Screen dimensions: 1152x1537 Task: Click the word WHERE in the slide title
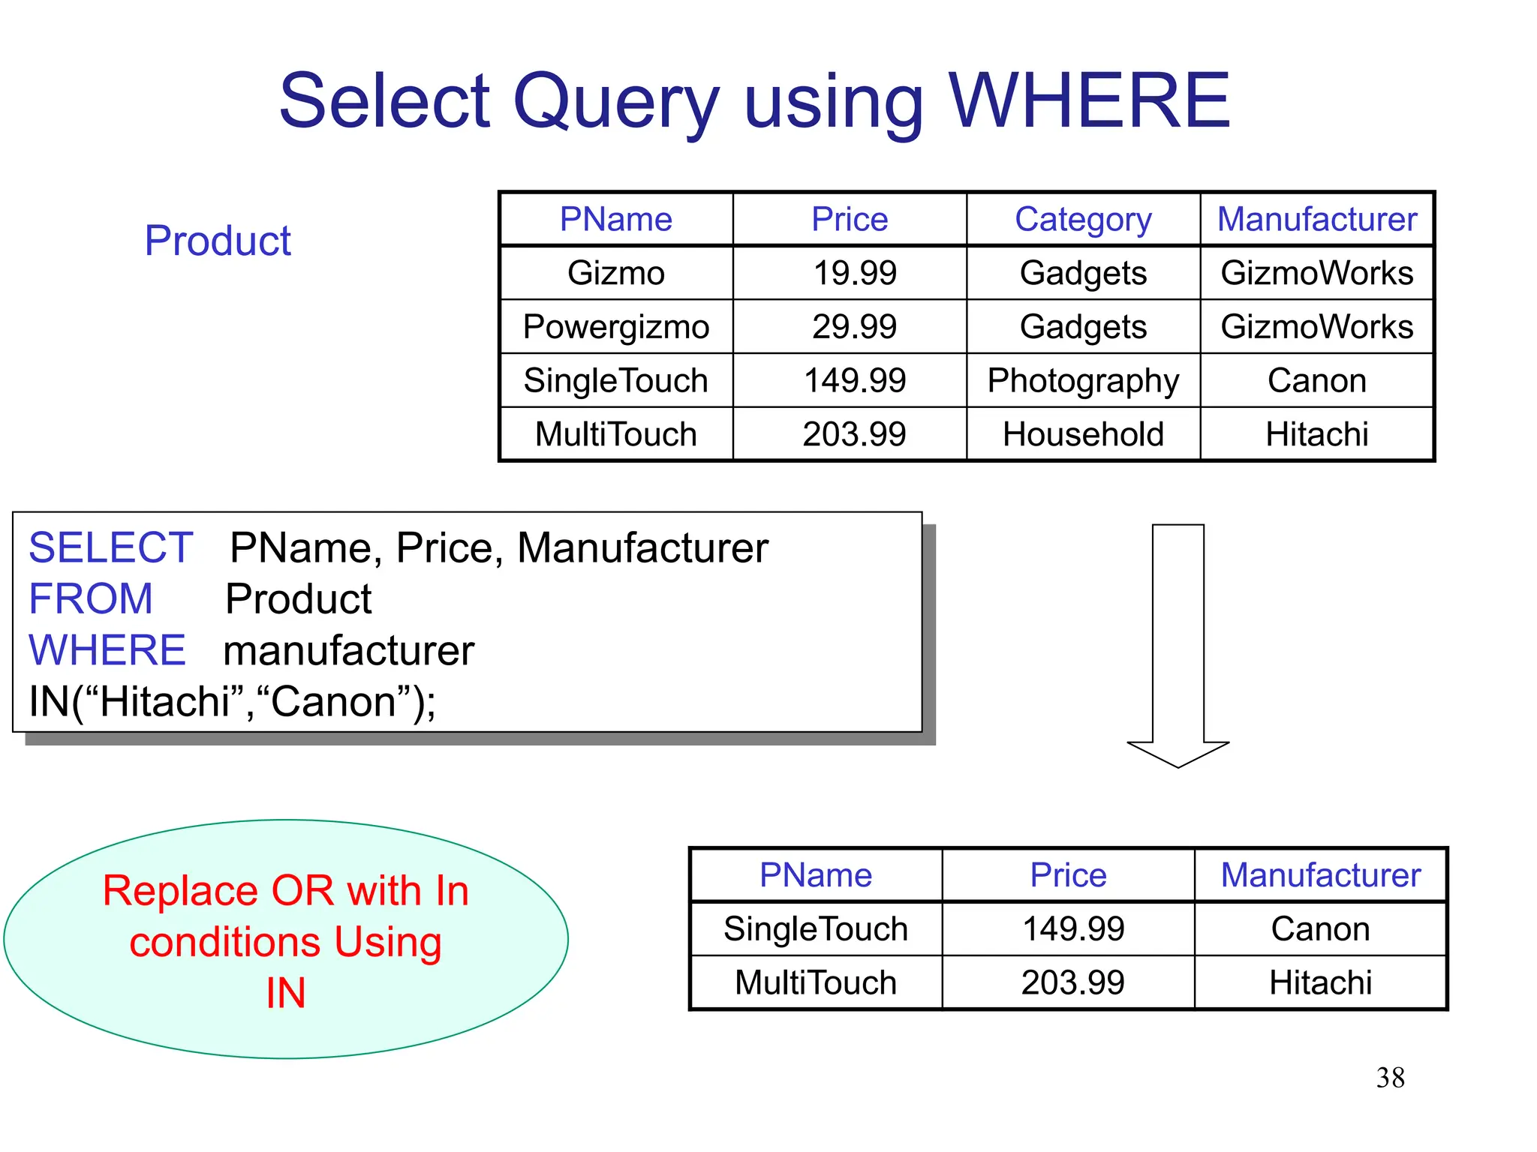coord(1089,100)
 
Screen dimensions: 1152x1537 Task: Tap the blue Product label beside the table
coord(218,241)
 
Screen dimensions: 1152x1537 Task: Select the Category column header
coord(1083,219)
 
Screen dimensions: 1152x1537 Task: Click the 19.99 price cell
coord(855,273)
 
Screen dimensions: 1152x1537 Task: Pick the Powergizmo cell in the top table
coord(616,327)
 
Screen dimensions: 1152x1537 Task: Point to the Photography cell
coord(1083,381)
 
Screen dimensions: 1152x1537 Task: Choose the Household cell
coord(1083,435)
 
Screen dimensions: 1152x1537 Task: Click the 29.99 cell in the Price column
coord(854,327)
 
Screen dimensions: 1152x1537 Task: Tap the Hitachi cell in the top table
coord(1317,435)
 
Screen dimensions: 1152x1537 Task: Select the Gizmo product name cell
coord(616,273)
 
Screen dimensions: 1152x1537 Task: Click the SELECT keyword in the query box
coord(111,547)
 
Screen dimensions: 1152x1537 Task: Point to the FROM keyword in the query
coord(91,598)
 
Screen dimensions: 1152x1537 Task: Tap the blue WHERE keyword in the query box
coord(107,649)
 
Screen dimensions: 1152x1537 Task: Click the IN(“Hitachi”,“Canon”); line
coord(233,702)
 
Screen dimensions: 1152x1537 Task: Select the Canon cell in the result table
coord(1320,929)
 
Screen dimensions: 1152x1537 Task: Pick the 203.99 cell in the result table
coord(1072,982)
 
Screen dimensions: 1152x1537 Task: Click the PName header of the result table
coord(816,875)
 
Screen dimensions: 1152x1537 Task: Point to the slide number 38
coord(1390,1078)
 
